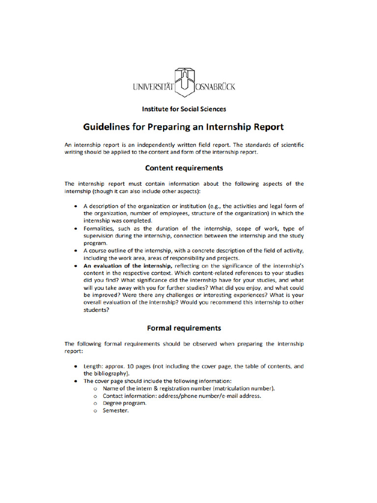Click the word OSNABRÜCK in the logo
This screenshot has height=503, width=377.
[x=215, y=87]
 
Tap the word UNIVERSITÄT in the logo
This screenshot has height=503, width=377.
[x=154, y=87]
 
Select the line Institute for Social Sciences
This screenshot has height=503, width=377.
[x=184, y=109]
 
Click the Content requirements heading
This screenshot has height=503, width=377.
[x=184, y=168]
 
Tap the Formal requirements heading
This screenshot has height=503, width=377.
[x=184, y=328]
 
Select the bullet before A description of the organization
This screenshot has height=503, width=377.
[x=75, y=206]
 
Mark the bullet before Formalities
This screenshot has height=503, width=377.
[x=75, y=229]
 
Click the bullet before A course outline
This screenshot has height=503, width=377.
[x=75, y=251]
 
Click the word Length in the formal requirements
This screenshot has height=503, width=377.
[x=92, y=366]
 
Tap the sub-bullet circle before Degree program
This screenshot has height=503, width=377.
[x=95, y=403]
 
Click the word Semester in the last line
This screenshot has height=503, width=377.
[x=115, y=411]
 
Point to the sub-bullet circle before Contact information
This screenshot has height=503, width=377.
[x=95, y=396]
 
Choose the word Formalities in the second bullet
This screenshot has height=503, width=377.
[x=99, y=229]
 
